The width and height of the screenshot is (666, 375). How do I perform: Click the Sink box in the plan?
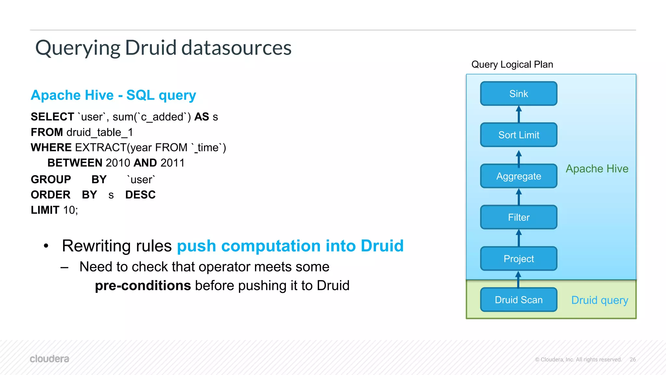pyautogui.click(x=519, y=94)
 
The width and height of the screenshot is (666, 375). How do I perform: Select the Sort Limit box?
pyautogui.click(x=519, y=135)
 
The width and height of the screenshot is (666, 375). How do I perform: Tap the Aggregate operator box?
pyautogui.click(x=519, y=176)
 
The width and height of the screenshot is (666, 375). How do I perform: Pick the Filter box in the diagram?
pyautogui.click(x=519, y=217)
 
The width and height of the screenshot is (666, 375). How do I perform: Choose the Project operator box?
pyautogui.click(x=519, y=259)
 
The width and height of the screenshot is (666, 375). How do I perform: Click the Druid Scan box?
pyautogui.click(x=519, y=300)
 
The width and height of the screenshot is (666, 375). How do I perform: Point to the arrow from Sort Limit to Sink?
pyautogui.click(x=519, y=114)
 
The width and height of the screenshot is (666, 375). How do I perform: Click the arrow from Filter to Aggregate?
pyautogui.click(x=519, y=197)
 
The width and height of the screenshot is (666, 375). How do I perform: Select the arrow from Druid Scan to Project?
pyautogui.click(x=518, y=280)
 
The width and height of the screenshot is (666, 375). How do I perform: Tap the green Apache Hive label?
pyautogui.click(x=597, y=169)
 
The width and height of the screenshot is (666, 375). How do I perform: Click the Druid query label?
pyautogui.click(x=600, y=300)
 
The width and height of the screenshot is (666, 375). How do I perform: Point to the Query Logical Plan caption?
pyautogui.click(x=512, y=64)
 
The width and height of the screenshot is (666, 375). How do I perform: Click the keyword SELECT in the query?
pyautogui.click(x=53, y=117)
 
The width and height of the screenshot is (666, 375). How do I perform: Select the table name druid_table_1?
pyautogui.click(x=100, y=132)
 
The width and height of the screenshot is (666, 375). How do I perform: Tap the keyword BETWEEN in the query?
pyautogui.click(x=75, y=163)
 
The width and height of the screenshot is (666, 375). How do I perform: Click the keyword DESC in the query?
pyautogui.click(x=140, y=195)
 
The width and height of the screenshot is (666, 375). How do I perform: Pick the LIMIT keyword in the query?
pyautogui.click(x=45, y=210)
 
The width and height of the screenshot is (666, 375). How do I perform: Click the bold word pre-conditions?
pyautogui.click(x=143, y=285)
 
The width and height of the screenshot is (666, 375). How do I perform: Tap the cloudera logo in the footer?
pyautogui.click(x=49, y=359)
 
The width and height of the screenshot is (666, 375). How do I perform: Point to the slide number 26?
pyautogui.click(x=633, y=359)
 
